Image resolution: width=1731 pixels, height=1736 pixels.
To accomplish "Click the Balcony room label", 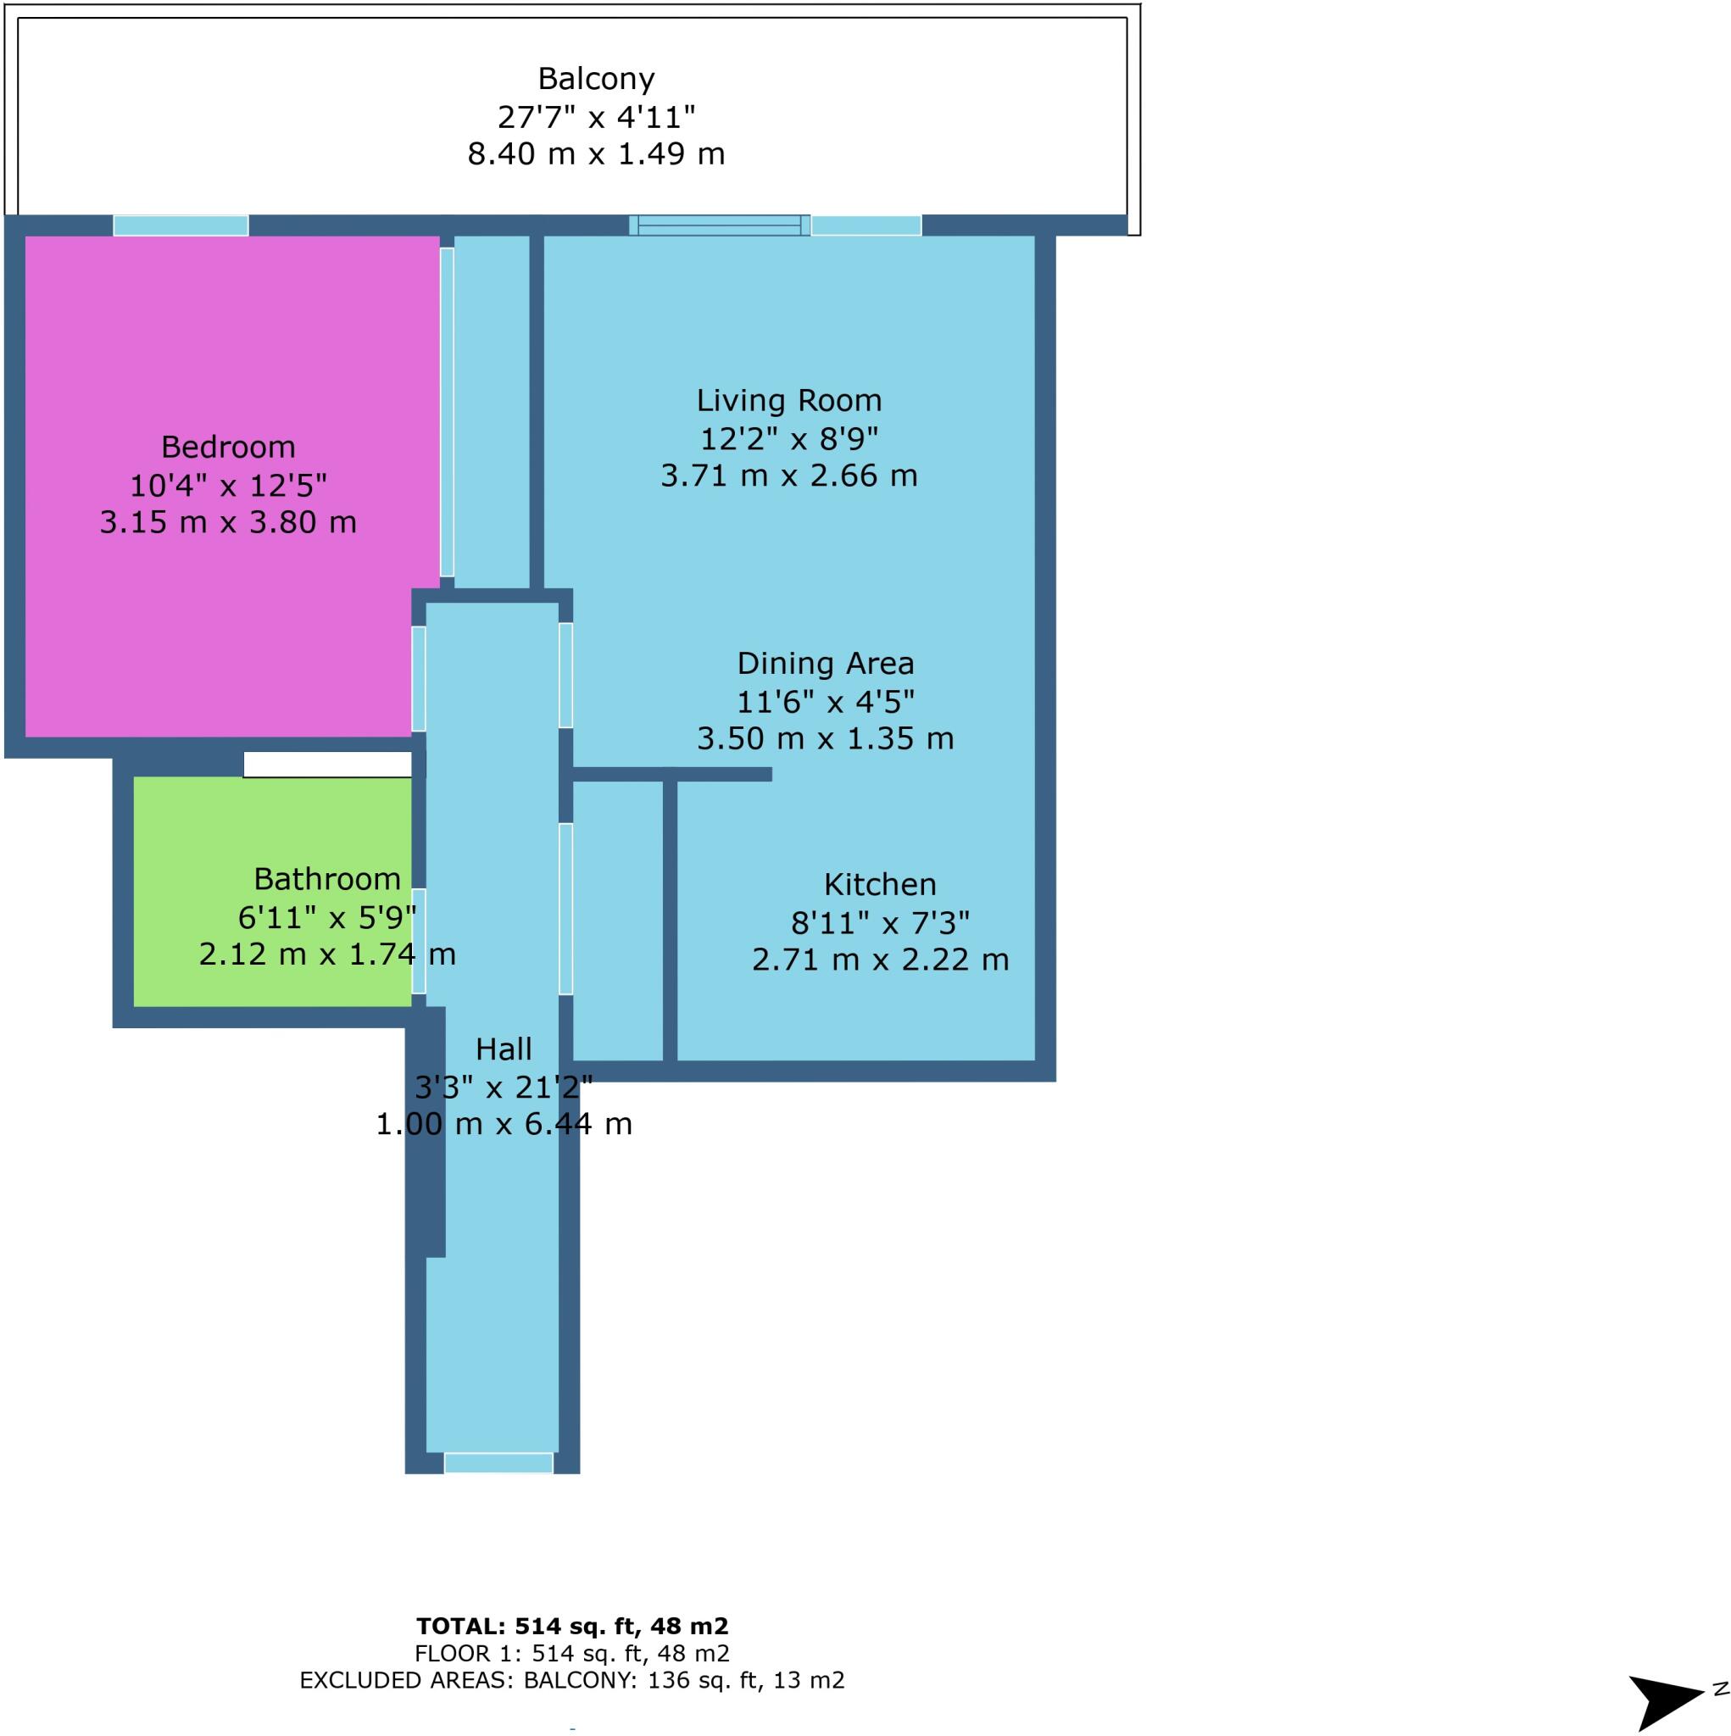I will [x=595, y=79].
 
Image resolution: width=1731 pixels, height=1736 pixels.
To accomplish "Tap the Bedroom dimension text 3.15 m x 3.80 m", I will [x=228, y=522].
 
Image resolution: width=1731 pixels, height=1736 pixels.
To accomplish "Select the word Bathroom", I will [x=326, y=878].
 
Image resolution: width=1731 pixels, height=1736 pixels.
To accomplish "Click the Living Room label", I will [x=788, y=400].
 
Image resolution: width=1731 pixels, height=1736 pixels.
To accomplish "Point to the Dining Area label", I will [x=825, y=663].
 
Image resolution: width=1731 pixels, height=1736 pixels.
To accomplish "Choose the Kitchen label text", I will [x=879, y=884].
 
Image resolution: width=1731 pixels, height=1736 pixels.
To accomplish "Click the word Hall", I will [x=504, y=1049].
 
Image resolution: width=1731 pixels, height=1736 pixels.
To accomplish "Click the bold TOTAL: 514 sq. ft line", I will [x=571, y=1626].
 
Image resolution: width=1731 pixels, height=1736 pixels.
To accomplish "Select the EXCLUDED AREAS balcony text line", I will [x=571, y=1680].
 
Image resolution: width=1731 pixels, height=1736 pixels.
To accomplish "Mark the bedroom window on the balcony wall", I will [x=181, y=225].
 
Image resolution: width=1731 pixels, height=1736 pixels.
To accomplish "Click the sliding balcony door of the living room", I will [x=719, y=225].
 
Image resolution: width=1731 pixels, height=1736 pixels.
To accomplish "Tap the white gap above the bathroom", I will [x=327, y=765].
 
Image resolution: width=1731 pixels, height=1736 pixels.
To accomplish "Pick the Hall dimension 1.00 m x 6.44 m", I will [x=504, y=1124].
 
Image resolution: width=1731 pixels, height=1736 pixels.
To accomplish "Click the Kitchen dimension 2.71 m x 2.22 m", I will [x=879, y=960].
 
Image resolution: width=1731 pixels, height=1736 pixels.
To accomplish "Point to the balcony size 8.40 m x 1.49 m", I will [x=595, y=153].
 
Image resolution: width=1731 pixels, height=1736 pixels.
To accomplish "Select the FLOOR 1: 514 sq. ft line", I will [x=571, y=1653].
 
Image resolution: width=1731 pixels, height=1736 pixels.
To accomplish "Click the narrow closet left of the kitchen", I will [x=617, y=921].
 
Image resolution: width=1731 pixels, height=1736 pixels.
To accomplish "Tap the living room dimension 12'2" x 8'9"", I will [x=788, y=438].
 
